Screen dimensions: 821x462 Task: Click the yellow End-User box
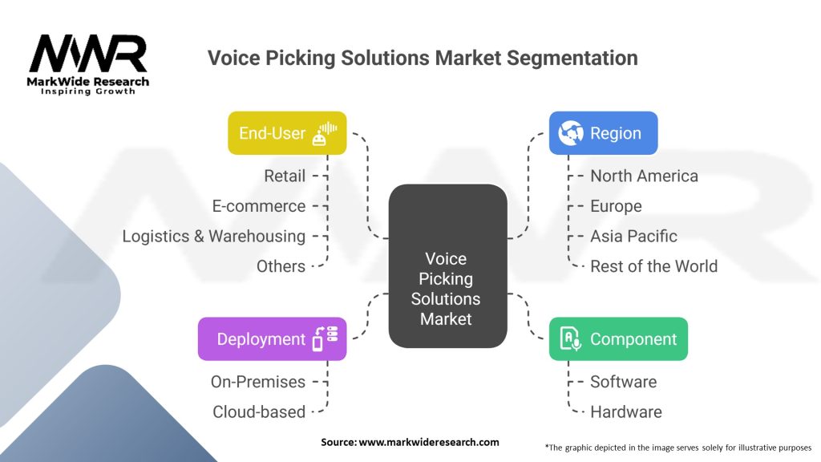tap(287, 133)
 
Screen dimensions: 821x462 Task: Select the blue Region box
tap(603, 133)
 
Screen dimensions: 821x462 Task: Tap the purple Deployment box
tap(273, 339)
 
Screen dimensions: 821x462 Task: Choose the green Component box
tap(618, 339)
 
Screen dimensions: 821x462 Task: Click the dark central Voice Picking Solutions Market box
tap(447, 265)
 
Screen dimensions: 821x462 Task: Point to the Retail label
tap(285, 176)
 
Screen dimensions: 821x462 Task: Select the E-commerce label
tap(259, 206)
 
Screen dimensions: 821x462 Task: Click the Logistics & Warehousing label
tap(213, 237)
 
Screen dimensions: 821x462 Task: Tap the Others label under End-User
tap(281, 266)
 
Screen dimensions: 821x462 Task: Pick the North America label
tap(644, 176)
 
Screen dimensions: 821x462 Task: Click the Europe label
tap(616, 206)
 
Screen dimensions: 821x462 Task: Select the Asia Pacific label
tap(633, 237)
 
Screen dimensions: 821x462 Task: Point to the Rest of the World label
tap(654, 266)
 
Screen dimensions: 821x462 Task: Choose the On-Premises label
tap(257, 382)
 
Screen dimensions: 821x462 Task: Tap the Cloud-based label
tap(259, 412)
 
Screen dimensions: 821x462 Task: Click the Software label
tap(623, 382)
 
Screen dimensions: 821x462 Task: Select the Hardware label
tap(625, 412)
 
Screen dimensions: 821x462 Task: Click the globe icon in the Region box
tap(571, 133)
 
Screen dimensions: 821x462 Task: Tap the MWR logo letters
tap(88, 54)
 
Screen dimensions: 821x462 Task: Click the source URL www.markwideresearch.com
tap(429, 442)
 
